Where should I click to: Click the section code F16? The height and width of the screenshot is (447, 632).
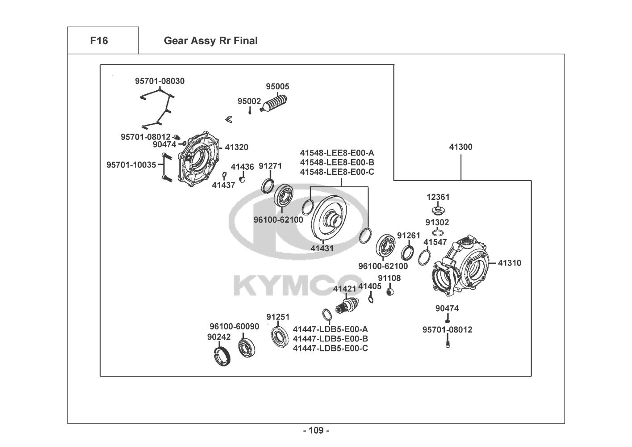click(x=99, y=41)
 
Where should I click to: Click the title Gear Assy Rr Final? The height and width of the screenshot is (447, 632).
click(x=210, y=41)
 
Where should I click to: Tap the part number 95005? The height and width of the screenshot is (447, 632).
click(x=277, y=86)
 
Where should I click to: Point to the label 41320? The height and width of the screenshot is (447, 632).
click(x=236, y=147)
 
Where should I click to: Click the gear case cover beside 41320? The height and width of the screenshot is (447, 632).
click(x=199, y=160)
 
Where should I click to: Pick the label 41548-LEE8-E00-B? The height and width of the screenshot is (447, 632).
click(x=337, y=162)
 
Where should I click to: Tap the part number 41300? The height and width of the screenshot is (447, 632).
click(x=460, y=147)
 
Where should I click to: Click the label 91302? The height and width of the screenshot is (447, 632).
click(x=437, y=223)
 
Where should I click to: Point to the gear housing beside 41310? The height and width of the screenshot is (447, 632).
click(x=460, y=266)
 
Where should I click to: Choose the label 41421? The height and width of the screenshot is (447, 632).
click(x=344, y=289)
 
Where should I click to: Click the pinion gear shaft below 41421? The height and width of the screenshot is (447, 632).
click(x=347, y=305)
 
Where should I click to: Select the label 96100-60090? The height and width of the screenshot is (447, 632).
click(x=234, y=326)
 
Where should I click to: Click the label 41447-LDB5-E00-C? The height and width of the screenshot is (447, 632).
click(x=331, y=348)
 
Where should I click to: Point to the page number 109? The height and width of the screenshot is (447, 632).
click(x=316, y=430)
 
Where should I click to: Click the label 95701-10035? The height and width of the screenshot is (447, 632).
click(x=131, y=164)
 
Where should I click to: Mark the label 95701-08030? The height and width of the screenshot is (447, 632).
click(x=160, y=81)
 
